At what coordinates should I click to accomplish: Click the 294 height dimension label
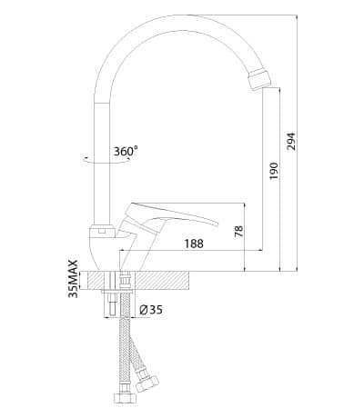[291, 141]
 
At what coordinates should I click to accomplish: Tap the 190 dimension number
[274, 171]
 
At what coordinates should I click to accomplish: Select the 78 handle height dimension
[239, 231]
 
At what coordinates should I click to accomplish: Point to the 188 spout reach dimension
[194, 244]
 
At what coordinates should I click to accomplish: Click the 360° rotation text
[126, 151]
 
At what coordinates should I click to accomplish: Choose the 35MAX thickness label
[73, 279]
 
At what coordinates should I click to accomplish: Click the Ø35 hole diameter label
[151, 310]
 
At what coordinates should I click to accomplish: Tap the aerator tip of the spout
[259, 79]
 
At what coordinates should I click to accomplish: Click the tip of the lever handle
[217, 224]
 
